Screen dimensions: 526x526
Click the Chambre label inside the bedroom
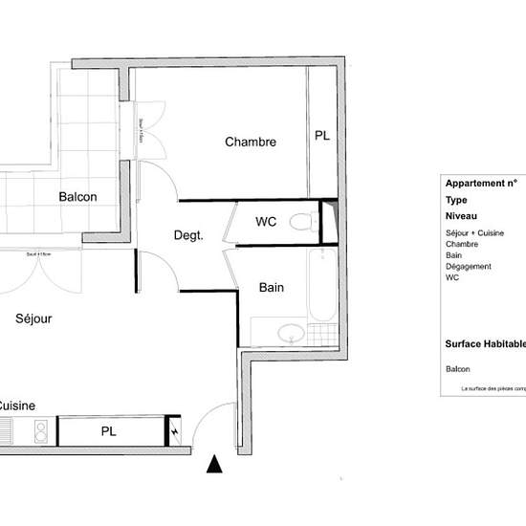tap(251, 142)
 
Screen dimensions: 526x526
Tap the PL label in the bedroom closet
tap(321, 137)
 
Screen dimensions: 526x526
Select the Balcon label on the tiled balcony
tap(77, 197)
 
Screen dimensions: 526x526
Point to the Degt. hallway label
tap(187, 235)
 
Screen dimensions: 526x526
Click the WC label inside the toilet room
tap(266, 222)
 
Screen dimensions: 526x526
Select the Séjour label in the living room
tap(33, 318)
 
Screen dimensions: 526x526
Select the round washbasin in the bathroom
tap(287, 334)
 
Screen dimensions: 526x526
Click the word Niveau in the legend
tap(463, 217)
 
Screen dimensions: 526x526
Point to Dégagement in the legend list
tap(469, 267)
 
